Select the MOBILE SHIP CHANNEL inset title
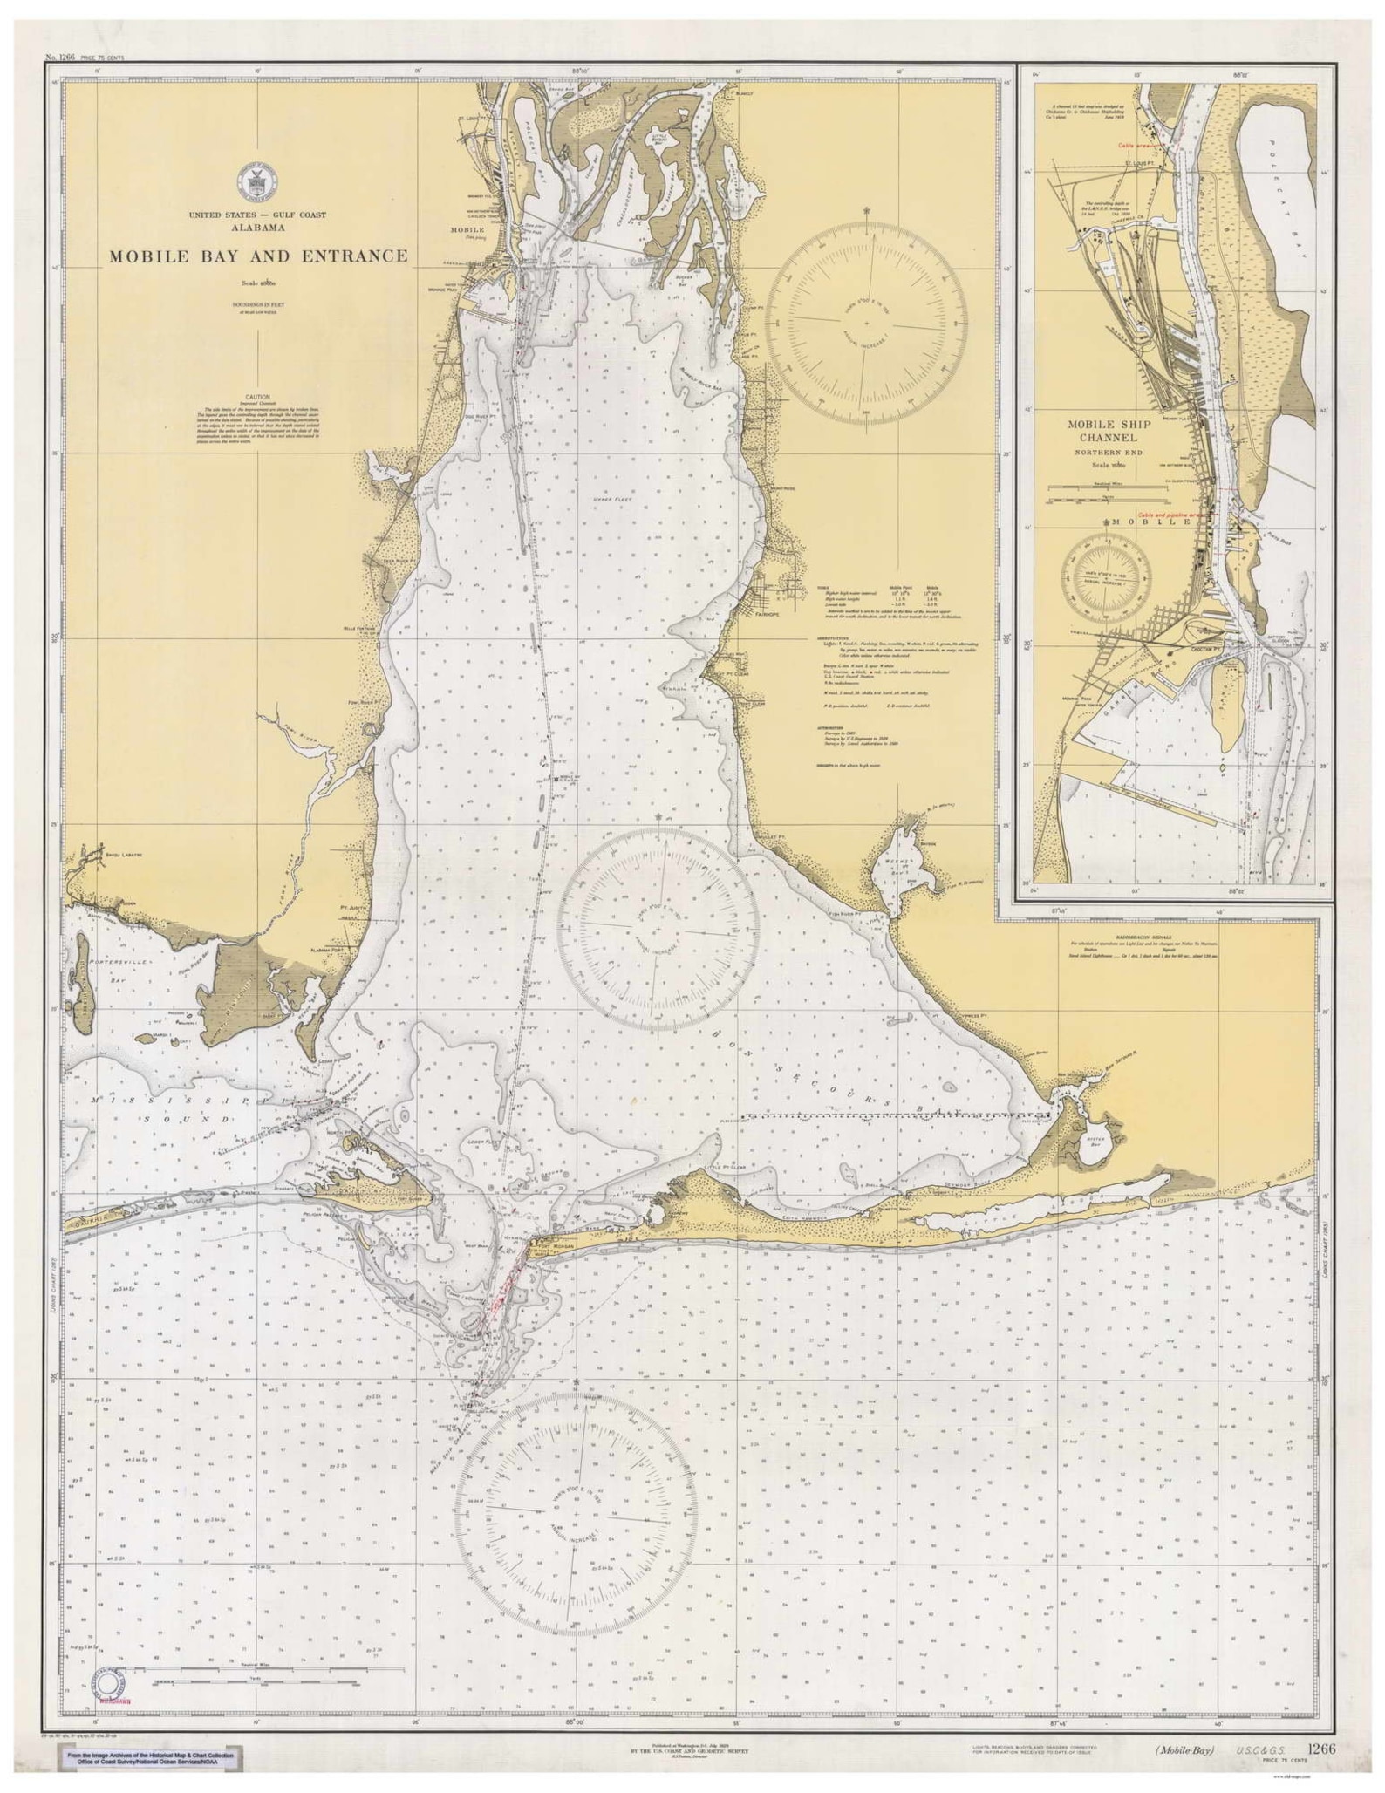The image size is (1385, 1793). pos(1109,430)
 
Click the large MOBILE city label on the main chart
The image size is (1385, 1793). pos(467,229)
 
